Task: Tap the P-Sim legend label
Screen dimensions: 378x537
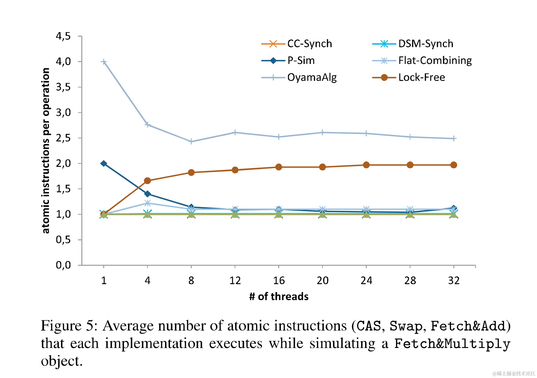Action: (x=301, y=61)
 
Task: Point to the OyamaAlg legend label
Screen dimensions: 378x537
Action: (x=312, y=78)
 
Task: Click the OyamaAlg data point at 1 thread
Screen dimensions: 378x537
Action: (x=104, y=62)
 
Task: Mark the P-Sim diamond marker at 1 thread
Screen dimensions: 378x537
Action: (x=104, y=163)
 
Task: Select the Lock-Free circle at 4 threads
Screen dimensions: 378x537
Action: (x=147, y=181)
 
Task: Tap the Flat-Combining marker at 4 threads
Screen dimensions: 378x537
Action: (x=147, y=203)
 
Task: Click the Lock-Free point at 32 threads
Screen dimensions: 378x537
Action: (x=453, y=165)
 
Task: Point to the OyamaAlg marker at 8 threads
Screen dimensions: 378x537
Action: (x=191, y=141)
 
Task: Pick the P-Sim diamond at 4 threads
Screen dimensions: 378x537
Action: (x=147, y=194)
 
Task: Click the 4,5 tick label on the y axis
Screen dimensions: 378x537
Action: (x=63, y=36)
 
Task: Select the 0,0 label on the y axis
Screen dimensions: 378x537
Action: (x=63, y=265)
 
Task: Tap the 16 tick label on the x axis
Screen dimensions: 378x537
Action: (x=279, y=280)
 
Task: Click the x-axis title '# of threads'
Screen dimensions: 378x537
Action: (x=279, y=296)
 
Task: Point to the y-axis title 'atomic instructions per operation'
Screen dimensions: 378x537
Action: (x=46, y=151)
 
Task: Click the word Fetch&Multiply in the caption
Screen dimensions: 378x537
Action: (x=452, y=344)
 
